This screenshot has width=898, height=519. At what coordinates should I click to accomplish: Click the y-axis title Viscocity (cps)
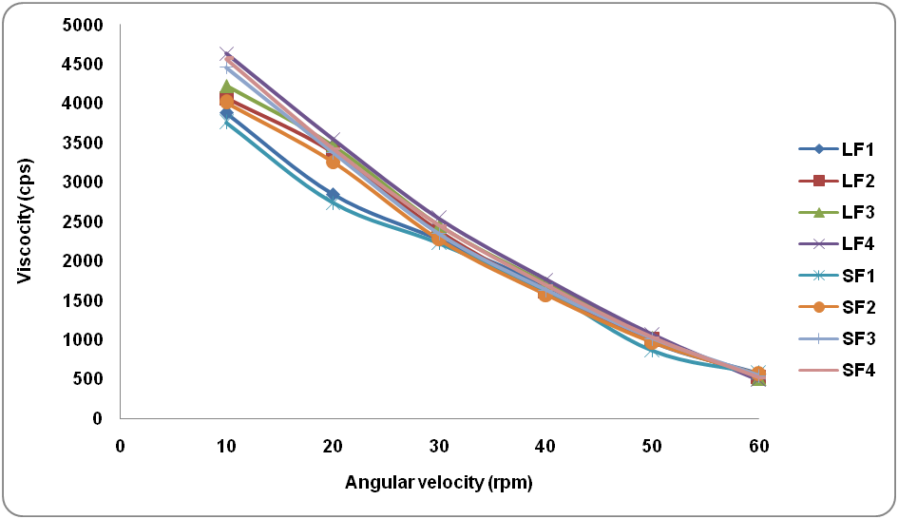click(x=25, y=221)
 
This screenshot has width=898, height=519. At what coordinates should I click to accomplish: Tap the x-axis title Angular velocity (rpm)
click(x=439, y=483)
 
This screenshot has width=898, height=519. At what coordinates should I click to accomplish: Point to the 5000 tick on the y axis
click(x=86, y=25)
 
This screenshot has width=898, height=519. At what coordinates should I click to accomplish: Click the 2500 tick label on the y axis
click(x=86, y=221)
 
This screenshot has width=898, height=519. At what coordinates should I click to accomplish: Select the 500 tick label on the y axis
click(x=89, y=379)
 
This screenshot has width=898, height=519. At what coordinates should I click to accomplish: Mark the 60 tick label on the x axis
click(x=758, y=445)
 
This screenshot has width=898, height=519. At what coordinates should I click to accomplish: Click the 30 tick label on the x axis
click(x=439, y=445)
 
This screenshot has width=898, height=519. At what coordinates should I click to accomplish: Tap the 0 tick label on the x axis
click(x=120, y=445)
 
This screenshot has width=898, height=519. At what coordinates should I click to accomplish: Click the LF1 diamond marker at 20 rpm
click(x=333, y=195)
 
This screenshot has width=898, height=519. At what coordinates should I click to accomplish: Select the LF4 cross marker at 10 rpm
click(x=226, y=53)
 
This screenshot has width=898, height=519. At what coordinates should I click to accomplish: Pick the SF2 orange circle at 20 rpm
click(x=333, y=162)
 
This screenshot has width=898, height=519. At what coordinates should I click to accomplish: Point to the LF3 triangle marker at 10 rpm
click(x=226, y=87)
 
